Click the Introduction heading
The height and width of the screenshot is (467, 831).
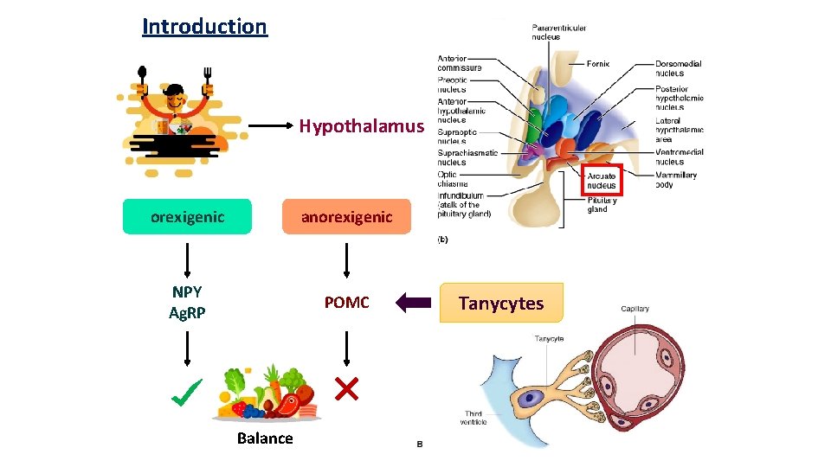(x=205, y=26)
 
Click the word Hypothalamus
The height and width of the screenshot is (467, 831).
(x=362, y=126)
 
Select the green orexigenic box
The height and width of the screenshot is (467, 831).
(x=187, y=217)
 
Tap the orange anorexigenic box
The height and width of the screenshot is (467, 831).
(x=346, y=217)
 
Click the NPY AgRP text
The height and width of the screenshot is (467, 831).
(x=187, y=302)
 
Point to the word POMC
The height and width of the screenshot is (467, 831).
(x=346, y=302)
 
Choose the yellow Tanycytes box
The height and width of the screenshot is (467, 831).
(x=501, y=303)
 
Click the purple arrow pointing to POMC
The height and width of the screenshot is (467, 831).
(x=413, y=303)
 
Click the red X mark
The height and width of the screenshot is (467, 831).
(x=346, y=390)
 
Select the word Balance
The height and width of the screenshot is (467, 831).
(x=265, y=438)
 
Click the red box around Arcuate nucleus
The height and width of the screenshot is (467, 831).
(x=602, y=180)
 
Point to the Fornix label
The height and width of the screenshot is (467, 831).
(x=598, y=63)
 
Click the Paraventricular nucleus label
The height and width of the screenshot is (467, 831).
(x=558, y=32)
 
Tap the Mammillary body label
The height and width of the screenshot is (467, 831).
(x=676, y=179)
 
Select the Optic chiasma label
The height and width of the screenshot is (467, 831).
(x=453, y=179)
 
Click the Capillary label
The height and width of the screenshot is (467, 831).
(x=635, y=309)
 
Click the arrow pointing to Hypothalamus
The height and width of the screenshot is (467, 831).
(x=268, y=127)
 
